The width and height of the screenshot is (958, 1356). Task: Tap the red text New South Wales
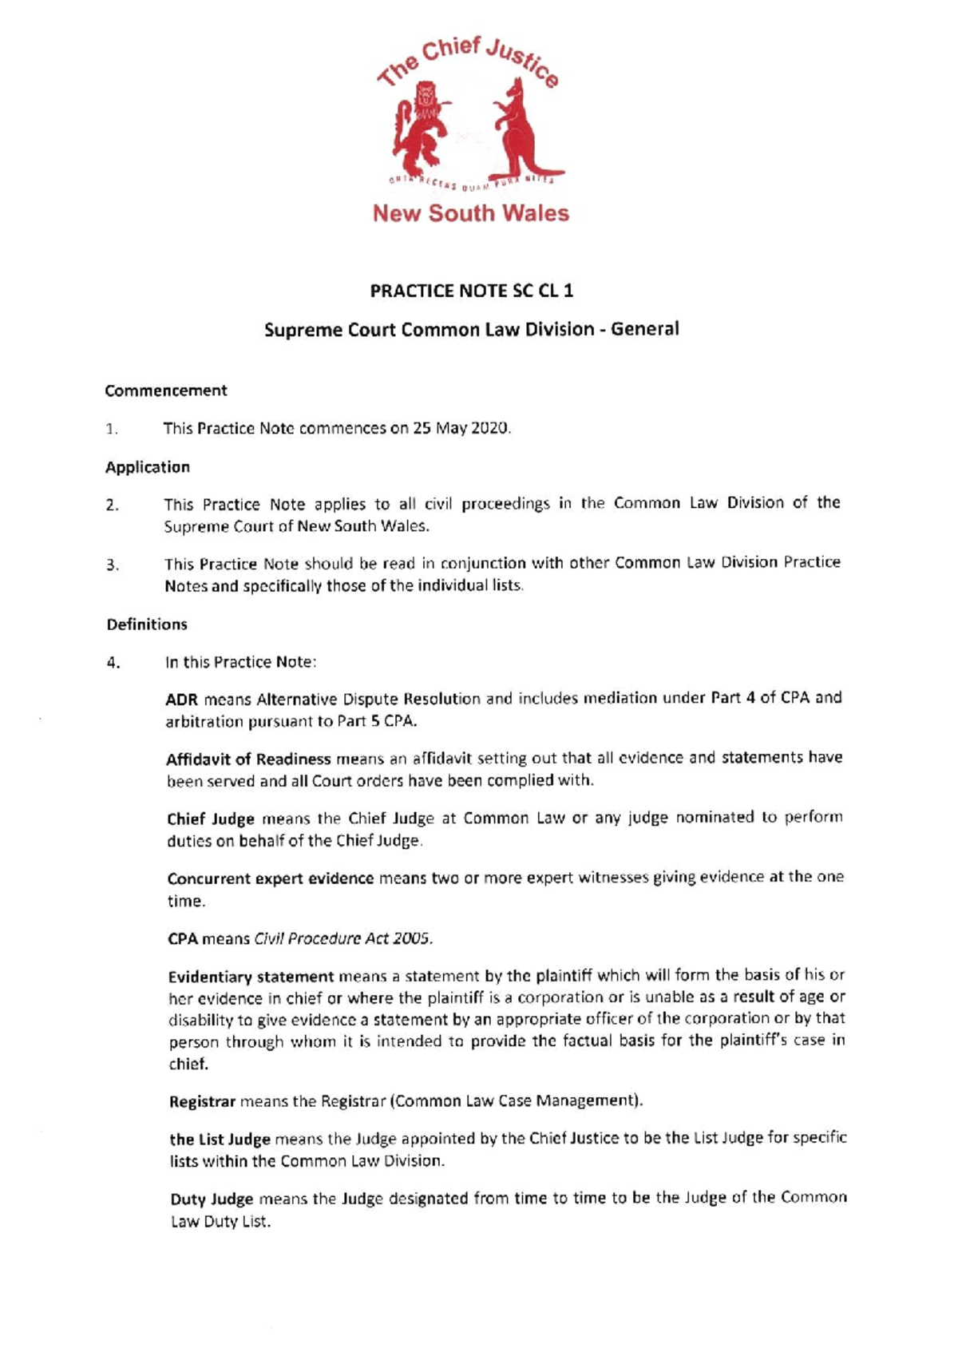click(x=470, y=213)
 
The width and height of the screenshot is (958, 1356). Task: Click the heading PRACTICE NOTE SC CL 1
click(x=471, y=291)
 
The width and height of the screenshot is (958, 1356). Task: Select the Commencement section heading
click(x=166, y=391)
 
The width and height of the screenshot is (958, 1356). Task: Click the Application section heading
click(x=148, y=467)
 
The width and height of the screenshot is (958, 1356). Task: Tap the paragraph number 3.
click(x=113, y=565)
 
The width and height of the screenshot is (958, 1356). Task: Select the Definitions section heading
click(x=147, y=624)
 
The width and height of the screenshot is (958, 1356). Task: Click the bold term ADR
click(x=181, y=699)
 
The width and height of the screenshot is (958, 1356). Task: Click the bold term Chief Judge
click(x=211, y=819)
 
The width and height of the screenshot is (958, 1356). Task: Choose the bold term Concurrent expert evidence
click(x=271, y=878)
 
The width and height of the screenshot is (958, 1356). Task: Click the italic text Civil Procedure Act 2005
click(x=343, y=938)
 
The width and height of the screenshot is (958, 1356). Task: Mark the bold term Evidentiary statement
click(x=251, y=976)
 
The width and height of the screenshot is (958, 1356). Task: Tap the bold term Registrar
click(x=202, y=1101)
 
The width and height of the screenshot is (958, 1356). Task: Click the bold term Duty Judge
click(x=212, y=1199)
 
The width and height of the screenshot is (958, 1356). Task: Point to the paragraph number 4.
click(x=113, y=662)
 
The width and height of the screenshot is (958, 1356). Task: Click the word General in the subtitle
click(x=644, y=329)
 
